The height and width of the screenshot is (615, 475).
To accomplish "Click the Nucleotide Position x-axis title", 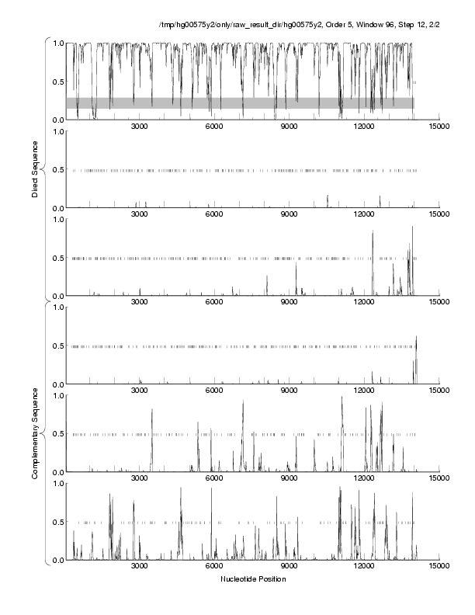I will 252,579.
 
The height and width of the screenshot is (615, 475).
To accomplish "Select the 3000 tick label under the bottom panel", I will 140,566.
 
